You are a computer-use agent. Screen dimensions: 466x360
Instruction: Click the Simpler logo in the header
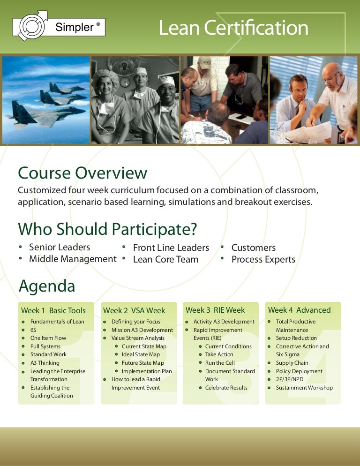59,26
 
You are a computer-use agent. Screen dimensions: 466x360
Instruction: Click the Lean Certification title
233,28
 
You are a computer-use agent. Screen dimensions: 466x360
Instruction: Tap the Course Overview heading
82,173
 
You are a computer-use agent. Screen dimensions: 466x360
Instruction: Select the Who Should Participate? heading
107,229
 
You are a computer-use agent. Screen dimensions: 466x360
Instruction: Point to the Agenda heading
46,286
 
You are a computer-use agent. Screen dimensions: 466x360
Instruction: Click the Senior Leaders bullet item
60,247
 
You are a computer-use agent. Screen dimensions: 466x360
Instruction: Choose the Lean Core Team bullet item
165,259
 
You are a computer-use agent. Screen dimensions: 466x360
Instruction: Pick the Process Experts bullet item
263,259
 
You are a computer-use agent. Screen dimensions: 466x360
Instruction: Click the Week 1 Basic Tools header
53,310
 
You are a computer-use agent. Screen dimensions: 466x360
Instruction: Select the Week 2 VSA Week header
134,310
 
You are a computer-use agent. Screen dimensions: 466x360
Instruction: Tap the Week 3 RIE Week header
215,310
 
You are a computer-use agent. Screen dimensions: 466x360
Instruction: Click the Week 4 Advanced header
299,310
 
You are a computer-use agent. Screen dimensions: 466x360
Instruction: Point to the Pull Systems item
45,346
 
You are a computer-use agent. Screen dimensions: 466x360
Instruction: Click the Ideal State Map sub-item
141,354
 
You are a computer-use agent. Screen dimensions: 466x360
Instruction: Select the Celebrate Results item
226,388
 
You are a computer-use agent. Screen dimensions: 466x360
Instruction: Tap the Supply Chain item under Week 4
292,363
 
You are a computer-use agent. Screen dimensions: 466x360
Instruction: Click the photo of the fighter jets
46,100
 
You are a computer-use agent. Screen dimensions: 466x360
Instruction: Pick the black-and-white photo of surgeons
135,100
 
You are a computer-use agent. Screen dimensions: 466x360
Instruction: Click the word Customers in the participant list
253,248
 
